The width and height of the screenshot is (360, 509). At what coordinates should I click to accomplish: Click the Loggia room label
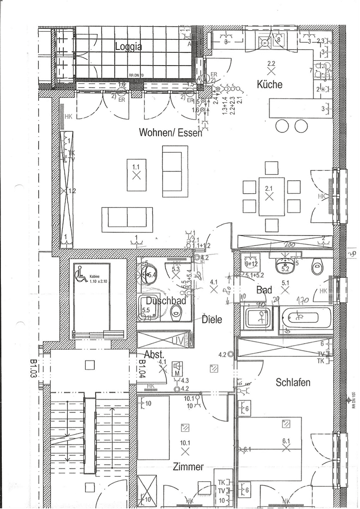click(x=129, y=46)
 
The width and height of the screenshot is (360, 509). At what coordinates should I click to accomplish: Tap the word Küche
click(x=270, y=84)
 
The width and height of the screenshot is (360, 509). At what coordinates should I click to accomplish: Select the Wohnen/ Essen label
click(x=170, y=132)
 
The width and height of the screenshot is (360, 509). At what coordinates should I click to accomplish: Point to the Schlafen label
click(x=293, y=382)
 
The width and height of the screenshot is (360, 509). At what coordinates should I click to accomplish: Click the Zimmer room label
click(x=188, y=467)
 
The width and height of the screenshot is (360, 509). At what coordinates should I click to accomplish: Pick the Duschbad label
click(x=166, y=301)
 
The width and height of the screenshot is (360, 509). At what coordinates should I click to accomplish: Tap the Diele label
click(x=212, y=319)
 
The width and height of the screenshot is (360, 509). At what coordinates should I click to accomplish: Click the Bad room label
click(x=264, y=290)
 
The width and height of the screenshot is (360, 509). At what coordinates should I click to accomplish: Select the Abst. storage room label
click(x=154, y=355)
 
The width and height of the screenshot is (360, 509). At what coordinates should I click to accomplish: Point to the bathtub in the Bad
click(x=305, y=318)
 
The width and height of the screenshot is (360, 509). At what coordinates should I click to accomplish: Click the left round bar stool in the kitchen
click(x=282, y=125)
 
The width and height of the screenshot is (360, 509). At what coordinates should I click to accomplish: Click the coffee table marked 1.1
click(x=136, y=175)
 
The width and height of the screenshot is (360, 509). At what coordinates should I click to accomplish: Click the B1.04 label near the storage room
click(x=141, y=369)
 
